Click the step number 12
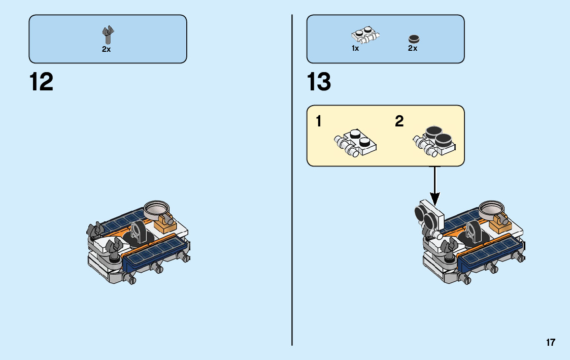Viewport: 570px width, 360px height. [41, 82]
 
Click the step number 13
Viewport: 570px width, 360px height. [319, 82]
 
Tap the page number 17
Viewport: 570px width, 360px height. [551, 342]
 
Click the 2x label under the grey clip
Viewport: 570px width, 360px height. [106, 49]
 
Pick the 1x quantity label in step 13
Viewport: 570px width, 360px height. [355, 49]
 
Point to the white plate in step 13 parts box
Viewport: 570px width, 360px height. [366, 36]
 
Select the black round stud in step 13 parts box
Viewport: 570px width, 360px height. [414, 39]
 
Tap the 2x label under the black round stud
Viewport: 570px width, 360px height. [413, 49]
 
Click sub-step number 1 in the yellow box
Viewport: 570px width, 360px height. [318, 122]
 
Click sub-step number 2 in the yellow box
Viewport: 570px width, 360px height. [399, 122]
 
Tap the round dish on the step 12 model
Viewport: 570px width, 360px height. [155, 208]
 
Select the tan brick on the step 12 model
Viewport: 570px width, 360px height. [165, 223]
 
